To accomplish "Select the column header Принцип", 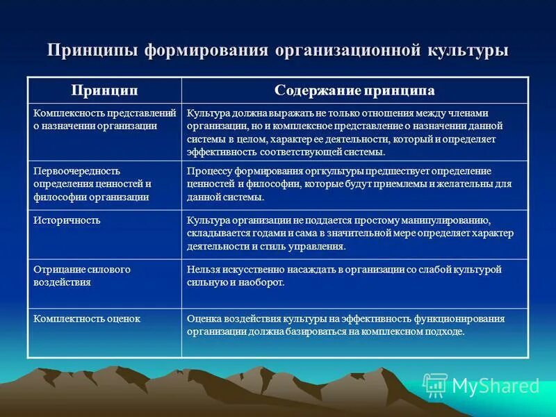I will click(104, 91).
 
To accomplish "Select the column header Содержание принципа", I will click(354, 91).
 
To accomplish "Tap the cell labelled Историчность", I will click(67, 220).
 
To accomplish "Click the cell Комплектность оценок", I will click(87, 318).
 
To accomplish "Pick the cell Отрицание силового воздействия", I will click(82, 275).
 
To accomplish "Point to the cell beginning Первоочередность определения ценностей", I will click(92, 183).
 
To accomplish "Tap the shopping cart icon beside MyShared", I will click(435, 385).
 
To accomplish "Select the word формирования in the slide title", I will click(206, 51).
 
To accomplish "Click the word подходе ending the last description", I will click(445, 332).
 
